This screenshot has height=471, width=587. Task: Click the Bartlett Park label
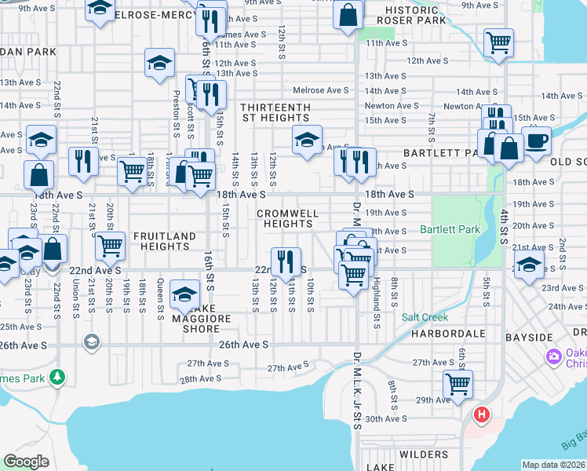click(x=449, y=230)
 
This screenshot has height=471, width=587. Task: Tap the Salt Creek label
click(x=425, y=317)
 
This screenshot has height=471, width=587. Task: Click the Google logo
click(x=26, y=461)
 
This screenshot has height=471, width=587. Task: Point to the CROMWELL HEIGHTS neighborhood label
click(x=288, y=218)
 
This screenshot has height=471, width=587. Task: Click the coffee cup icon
click(x=537, y=141)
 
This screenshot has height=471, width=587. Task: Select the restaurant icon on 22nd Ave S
click(x=286, y=261)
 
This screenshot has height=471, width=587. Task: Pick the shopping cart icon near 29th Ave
click(x=458, y=384)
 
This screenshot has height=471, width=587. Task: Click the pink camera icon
click(x=555, y=357)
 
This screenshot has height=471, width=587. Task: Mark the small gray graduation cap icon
click(x=92, y=341)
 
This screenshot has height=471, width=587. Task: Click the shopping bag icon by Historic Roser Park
click(x=348, y=14)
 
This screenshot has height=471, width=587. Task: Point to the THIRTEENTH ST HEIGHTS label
click(x=275, y=112)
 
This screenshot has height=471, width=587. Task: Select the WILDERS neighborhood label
click(x=423, y=455)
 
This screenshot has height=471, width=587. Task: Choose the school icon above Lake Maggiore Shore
click(x=185, y=294)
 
